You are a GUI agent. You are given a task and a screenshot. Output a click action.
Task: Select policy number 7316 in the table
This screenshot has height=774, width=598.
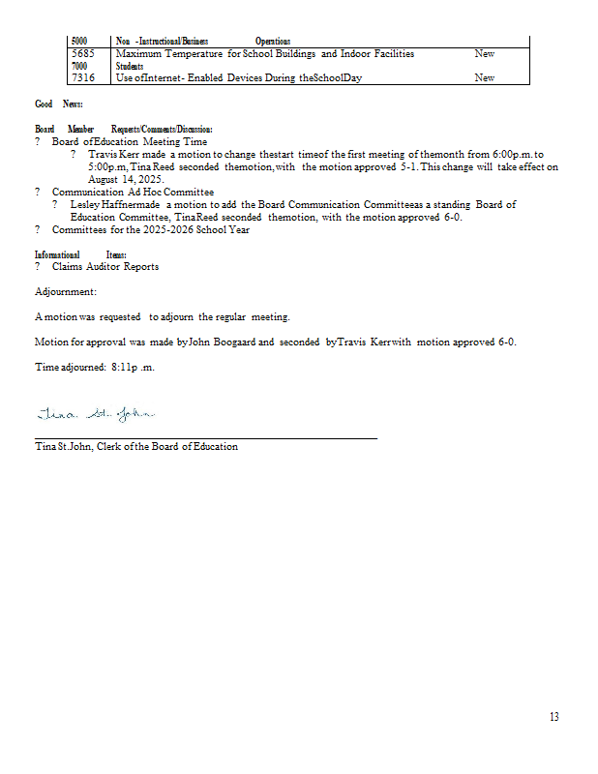(x=84, y=77)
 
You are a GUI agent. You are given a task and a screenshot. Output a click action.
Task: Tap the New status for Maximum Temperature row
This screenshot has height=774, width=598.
(x=484, y=54)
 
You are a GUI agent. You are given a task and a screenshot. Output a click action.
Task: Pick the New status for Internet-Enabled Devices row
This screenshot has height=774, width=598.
(x=484, y=77)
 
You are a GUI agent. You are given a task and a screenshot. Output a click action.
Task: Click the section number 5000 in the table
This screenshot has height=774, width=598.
(x=80, y=42)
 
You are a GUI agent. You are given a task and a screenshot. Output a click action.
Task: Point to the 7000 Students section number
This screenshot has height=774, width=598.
(x=80, y=66)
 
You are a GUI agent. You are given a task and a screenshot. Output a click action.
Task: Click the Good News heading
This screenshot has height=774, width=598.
(x=58, y=104)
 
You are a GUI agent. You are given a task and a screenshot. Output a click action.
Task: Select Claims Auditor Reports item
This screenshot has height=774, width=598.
(x=105, y=266)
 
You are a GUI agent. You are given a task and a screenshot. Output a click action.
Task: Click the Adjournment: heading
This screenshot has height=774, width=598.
(x=65, y=291)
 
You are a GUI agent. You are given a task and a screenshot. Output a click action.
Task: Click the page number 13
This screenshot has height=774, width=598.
(x=553, y=717)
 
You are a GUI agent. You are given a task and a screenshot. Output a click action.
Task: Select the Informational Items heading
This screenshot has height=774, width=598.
(x=80, y=253)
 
